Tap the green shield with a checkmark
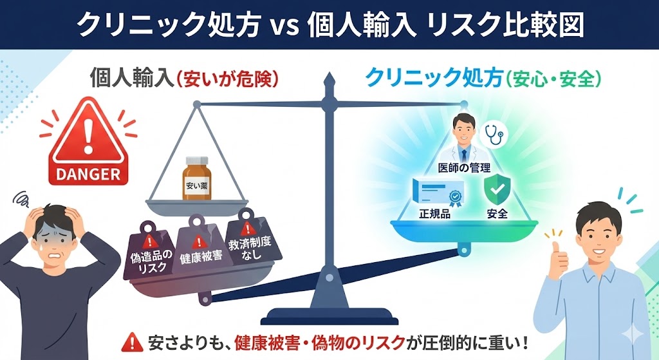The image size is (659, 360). point(497,189)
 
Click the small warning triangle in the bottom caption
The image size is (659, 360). point(131,341)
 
